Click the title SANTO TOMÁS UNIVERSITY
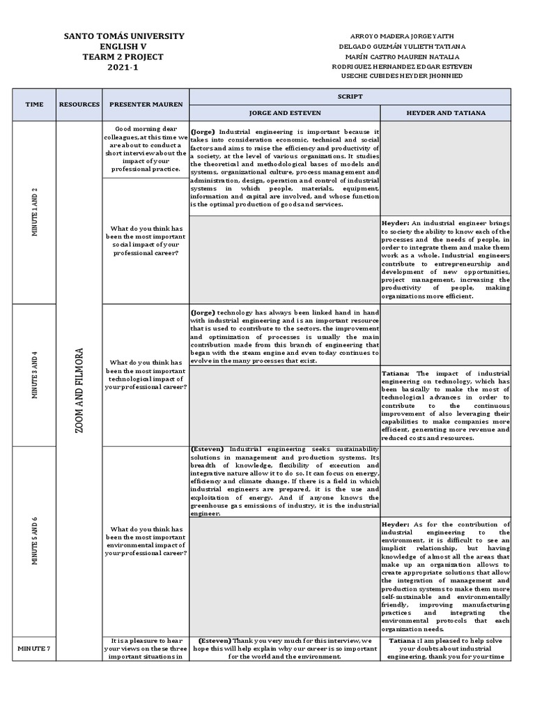[124, 36]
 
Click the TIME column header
[34, 104]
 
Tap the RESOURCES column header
[79, 104]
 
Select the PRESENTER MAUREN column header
[146, 104]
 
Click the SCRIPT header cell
[350, 97]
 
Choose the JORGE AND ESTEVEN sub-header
[284, 112]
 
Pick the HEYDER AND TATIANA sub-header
[446, 112]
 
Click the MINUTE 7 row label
[34, 648]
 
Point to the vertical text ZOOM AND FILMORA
[79, 390]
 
